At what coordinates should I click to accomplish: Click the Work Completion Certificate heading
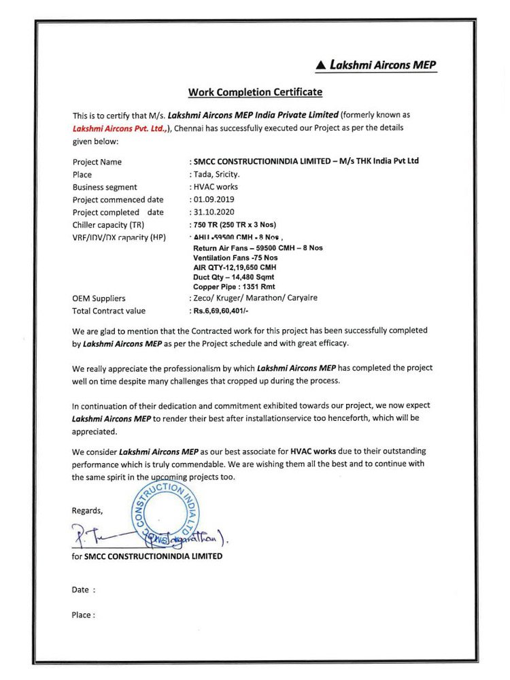point(255,92)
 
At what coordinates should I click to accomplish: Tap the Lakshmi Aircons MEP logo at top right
point(376,65)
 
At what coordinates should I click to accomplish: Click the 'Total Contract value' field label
point(109,311)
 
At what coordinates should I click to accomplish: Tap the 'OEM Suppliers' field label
point(99,298)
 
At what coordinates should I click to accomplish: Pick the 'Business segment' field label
point(105,187)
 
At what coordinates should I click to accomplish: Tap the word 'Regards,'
point(88,511)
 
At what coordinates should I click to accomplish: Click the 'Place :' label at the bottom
point(83,615)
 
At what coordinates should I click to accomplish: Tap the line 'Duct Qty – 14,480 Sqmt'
point(235,278)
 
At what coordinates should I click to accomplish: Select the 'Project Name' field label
point(97,162)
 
